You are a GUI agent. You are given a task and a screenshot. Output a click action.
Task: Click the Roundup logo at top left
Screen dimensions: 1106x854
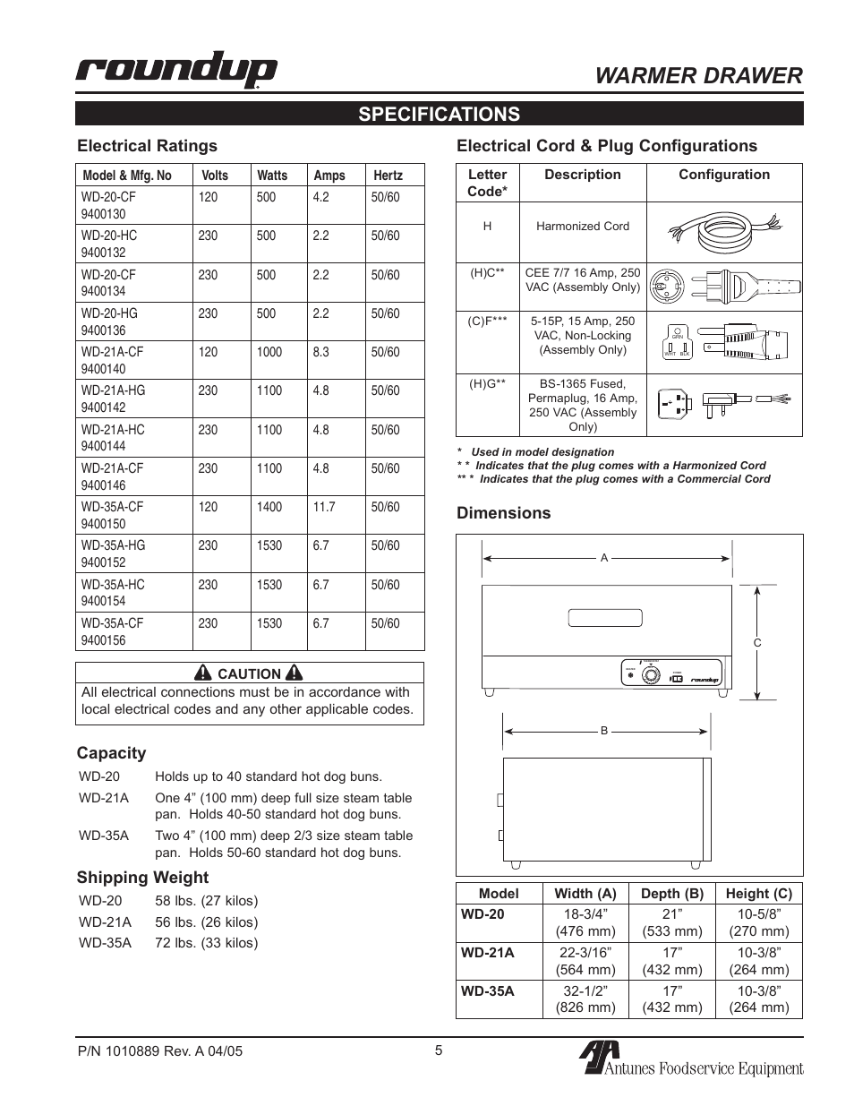175,72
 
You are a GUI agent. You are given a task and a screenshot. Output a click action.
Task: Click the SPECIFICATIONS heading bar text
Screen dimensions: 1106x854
439,114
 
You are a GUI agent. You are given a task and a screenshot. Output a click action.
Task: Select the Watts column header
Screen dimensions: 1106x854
272,176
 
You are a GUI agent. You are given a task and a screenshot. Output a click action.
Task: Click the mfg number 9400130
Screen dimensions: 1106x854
103,214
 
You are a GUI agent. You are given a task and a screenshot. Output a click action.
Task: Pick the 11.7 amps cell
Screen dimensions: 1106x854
324,507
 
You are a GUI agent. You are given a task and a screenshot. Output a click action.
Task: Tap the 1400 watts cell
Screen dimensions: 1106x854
269,507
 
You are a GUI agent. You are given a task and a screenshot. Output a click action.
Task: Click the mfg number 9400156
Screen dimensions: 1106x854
103,640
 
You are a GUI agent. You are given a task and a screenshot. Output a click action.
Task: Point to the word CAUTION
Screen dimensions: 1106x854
249,674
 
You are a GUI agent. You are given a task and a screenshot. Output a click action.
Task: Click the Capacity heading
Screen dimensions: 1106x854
111,753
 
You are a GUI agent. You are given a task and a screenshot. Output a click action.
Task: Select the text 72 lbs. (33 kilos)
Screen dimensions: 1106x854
206,943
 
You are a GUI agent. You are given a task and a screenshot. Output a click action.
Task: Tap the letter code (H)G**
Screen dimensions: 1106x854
488,383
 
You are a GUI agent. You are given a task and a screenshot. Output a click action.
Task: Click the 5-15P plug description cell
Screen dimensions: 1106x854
583,335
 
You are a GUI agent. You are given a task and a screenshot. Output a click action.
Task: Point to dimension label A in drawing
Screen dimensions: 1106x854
604,558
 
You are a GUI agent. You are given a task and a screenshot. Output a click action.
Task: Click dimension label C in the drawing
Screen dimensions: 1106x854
756,643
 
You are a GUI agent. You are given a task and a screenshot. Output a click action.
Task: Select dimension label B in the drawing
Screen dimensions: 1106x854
604,731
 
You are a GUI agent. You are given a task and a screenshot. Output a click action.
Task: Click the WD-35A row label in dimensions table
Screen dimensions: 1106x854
488,991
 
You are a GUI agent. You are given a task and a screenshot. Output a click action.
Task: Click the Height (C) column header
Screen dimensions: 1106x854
758,894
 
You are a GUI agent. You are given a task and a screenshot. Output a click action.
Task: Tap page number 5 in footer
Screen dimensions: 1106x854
439,1051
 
